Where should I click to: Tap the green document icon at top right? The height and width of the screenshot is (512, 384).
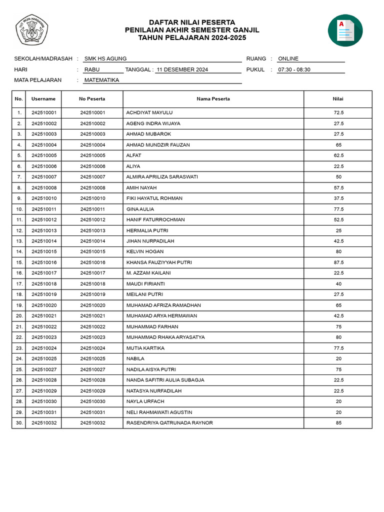[345, 30]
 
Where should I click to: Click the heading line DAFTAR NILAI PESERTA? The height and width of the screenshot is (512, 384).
[192, 22]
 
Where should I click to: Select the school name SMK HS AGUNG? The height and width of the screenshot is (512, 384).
[105, 58]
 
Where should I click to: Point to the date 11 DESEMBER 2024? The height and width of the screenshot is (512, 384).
[182, 69]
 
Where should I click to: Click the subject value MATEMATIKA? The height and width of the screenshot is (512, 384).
[102, 80]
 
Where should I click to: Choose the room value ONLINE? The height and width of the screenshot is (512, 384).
[288, 58]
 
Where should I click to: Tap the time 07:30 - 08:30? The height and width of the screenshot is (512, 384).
[294, 69]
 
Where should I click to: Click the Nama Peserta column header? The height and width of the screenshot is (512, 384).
[213, 99]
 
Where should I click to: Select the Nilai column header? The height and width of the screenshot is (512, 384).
[338, 99]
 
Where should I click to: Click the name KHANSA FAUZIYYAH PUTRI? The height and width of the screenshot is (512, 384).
[159, 262]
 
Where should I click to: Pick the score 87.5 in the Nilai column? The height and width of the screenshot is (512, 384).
[338, 262]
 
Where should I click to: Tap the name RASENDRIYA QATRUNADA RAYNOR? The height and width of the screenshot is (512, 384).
[169, 423]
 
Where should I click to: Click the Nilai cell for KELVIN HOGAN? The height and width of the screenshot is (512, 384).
[338, 251]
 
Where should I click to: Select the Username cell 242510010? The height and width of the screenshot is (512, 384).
[44, 198]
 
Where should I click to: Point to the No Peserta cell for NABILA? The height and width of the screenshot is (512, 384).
[92, 358]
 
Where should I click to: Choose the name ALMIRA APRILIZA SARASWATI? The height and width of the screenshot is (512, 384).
[162, 177]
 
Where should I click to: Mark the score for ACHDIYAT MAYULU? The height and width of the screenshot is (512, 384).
[338, 112]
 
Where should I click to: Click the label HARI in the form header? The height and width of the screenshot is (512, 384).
[21, 69]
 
